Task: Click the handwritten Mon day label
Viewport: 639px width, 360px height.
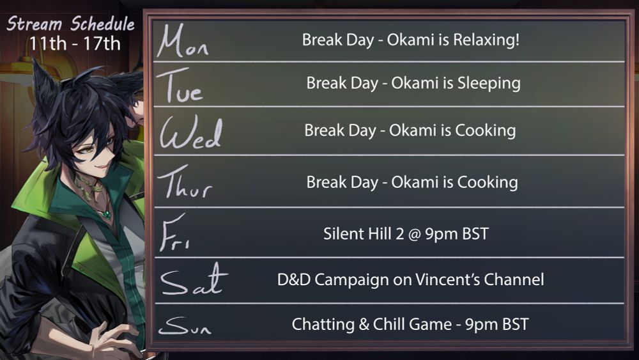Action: (x=182, y=41)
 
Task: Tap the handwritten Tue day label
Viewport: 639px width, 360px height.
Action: (x=180, y=85)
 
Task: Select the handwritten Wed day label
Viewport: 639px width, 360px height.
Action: (x=190, y=132)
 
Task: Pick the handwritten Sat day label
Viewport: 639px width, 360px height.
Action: (x=194, y=279)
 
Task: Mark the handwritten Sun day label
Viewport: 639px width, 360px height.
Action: (x=185, y=326)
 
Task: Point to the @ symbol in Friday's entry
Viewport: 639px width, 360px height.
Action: (x=414, y=235)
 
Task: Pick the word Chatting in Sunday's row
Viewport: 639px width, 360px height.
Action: (x=323, y=325)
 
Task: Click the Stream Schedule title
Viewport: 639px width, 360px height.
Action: (x=70, y=24)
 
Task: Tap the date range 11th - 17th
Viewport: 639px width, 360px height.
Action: (x=75, y=43)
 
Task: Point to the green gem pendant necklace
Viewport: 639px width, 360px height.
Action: (x=107, y=214)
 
